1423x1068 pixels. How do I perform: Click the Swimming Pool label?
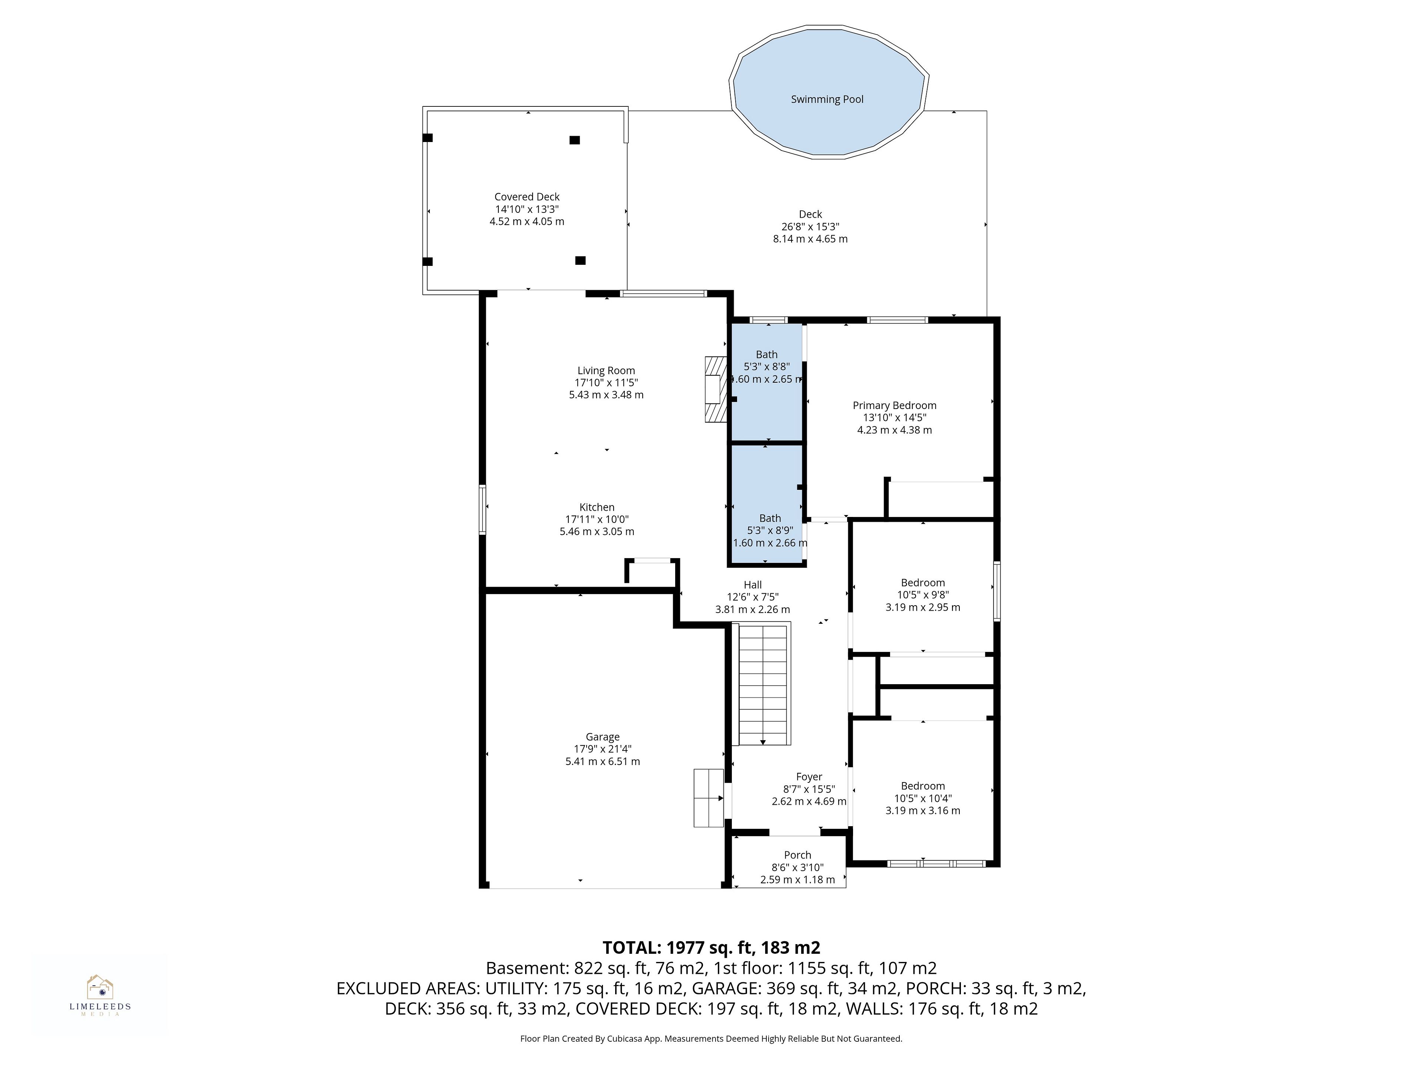pyautogui.click(x=827, y=99)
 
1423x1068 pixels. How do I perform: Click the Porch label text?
pyautogui.click(x=798, y=855)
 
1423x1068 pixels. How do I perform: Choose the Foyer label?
pyautogui.click(x=809, y=777)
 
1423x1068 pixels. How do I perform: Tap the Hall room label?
pyautogui.click(x=753, y=584)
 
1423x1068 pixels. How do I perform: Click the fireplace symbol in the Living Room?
pyautogui.click(x=715, y=389)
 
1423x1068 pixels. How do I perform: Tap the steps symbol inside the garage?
pyautogui.click(x=709, y=798)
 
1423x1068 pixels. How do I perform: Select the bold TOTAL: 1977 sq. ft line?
pyautogui.click(x=711, y=947)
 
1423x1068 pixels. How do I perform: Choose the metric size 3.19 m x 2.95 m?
pyautogui.click(x=922, y=607)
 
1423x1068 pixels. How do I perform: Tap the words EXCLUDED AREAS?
pyautogui.click(x=408, y=988)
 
